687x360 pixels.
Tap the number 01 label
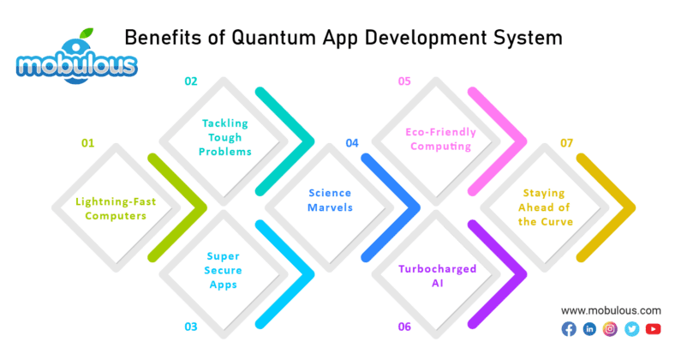click(87, 144)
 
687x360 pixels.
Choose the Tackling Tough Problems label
click(226, 137)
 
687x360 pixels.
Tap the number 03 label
click(191, 327)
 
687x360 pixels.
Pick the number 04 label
click(352, 144)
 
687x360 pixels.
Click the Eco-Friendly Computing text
click(438, 139)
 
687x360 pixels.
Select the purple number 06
click(404, 327)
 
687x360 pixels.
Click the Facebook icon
click(568, 329)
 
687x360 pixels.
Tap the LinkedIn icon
click(589, 329)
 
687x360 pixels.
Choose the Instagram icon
click(611, 329)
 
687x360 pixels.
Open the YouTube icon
click(654, 329)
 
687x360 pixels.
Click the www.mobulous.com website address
click(611, 309)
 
